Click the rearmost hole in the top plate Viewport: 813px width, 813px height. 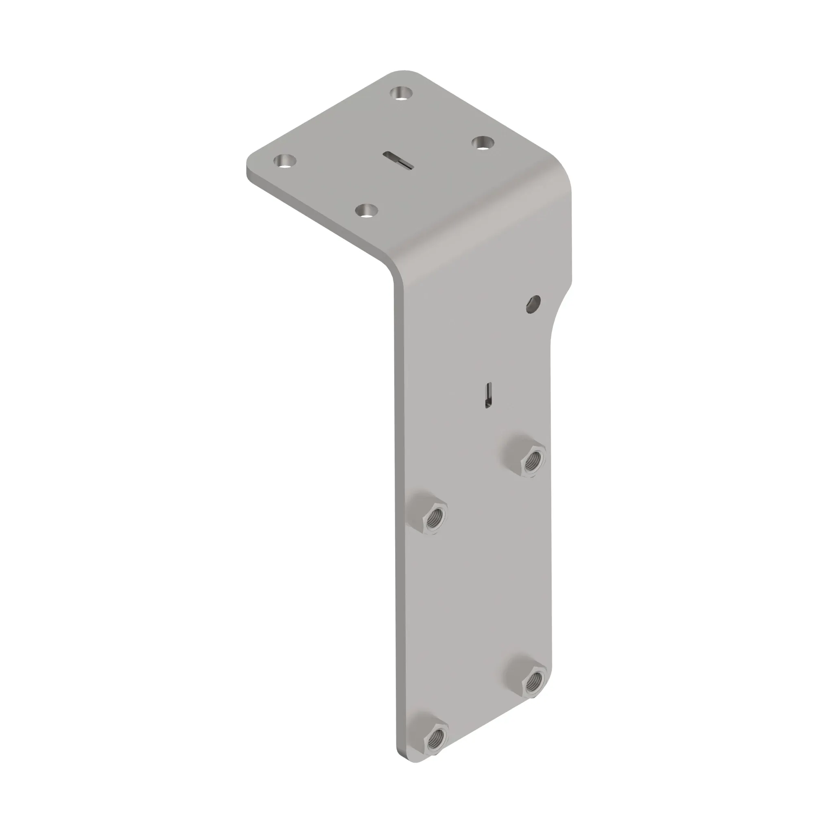(x=401, y=93)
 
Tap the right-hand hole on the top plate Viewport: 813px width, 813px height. (x=482, y=143)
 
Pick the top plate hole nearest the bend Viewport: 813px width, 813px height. (x=367, y=210)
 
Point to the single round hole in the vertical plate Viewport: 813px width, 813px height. (x=533, y=304)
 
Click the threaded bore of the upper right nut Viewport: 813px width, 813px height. (x=534, y=458)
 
